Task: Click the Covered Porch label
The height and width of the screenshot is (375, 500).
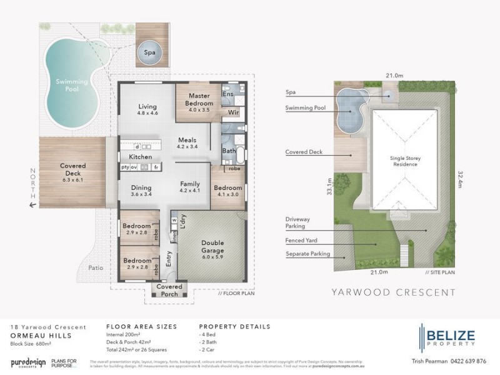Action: [x=169, y=291]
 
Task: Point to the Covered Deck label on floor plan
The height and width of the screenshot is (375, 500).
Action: [x=72, y=170]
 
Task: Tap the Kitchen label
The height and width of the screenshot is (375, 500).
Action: [x=141, y=156]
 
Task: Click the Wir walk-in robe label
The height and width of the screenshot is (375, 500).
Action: [x=233, y=113]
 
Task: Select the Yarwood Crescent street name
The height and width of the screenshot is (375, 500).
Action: [x=393, y=292]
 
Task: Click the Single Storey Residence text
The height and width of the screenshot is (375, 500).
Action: [x=406, y=162]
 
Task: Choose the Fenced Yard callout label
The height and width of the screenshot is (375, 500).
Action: [x=304, y=241]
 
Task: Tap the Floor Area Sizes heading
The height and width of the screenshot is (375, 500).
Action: [x=141, y=326]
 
